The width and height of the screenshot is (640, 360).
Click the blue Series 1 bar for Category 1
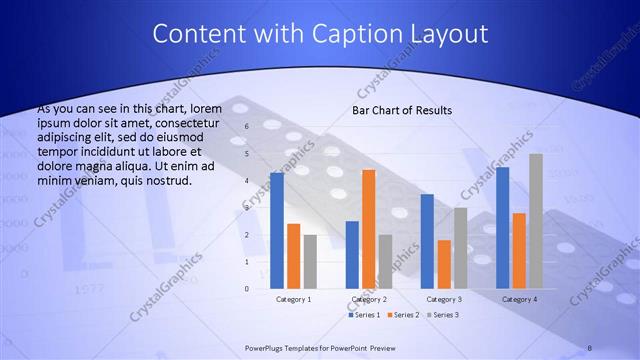click(x=277, y=231)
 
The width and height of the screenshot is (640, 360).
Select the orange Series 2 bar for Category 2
click(x=368, y=229)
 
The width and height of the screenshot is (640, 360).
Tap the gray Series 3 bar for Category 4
click(x=535, y=221)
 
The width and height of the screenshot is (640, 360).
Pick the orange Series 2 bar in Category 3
click(x=444, y=264)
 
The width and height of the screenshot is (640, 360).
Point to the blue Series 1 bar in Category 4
click(x=502, y=228)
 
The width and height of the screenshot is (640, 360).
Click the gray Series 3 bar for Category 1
click(x=310, y=262)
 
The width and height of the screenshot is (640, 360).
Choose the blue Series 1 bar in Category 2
click(x=352, y=255)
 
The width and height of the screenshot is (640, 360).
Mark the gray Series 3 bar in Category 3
click(x=460, y=248)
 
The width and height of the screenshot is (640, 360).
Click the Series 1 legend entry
click(x=364, y=315)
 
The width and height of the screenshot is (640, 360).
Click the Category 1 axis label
click(x=293, y=299)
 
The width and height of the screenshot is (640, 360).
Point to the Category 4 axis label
click(x=519, y=299)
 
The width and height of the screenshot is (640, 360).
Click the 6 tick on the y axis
click(x=247, y=127)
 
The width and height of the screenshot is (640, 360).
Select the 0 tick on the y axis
click(x=247, y=289)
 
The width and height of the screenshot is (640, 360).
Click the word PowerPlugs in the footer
click(x=269, y=347)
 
